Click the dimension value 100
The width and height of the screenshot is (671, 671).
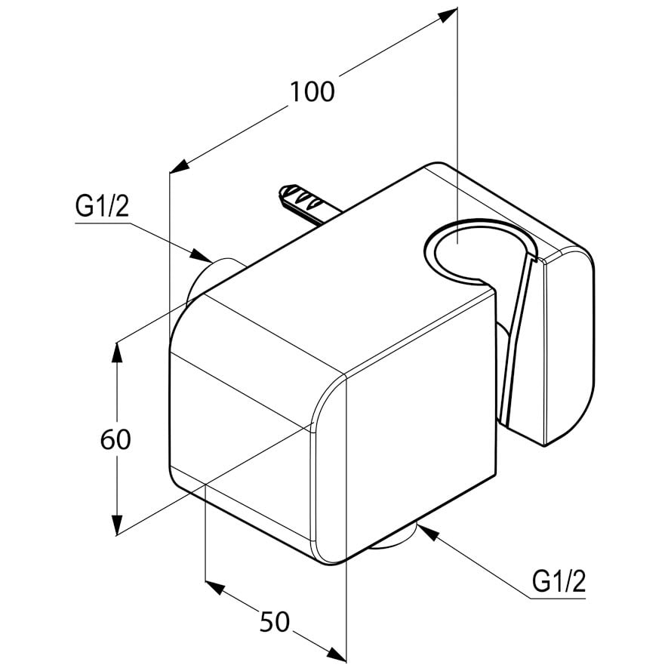[x=312, y=91]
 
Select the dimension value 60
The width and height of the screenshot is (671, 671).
[x=115, y=439]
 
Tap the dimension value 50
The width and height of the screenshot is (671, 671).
[x=275, y=622]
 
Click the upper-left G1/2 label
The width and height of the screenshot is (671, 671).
[x=102, y=207]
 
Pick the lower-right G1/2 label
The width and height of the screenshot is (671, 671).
[x=559, y=582]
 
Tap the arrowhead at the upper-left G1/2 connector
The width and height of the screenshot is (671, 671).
[x=200, y=255]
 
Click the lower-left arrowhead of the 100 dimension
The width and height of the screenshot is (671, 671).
[x=180, y=167]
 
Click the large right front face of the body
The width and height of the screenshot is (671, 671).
[x=420, y=428]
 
